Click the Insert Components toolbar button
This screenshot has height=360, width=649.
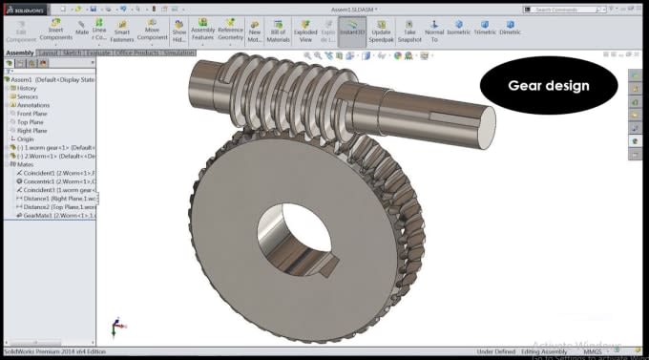[55, 30]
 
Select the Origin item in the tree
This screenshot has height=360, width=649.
[25, 138]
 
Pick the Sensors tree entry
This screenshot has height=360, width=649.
[28, 96]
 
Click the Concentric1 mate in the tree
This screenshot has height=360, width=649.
[55, 180]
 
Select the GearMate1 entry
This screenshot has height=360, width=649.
[55, 215]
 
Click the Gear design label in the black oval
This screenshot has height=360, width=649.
[548, 85]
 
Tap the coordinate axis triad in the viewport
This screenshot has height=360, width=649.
[115, 326]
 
